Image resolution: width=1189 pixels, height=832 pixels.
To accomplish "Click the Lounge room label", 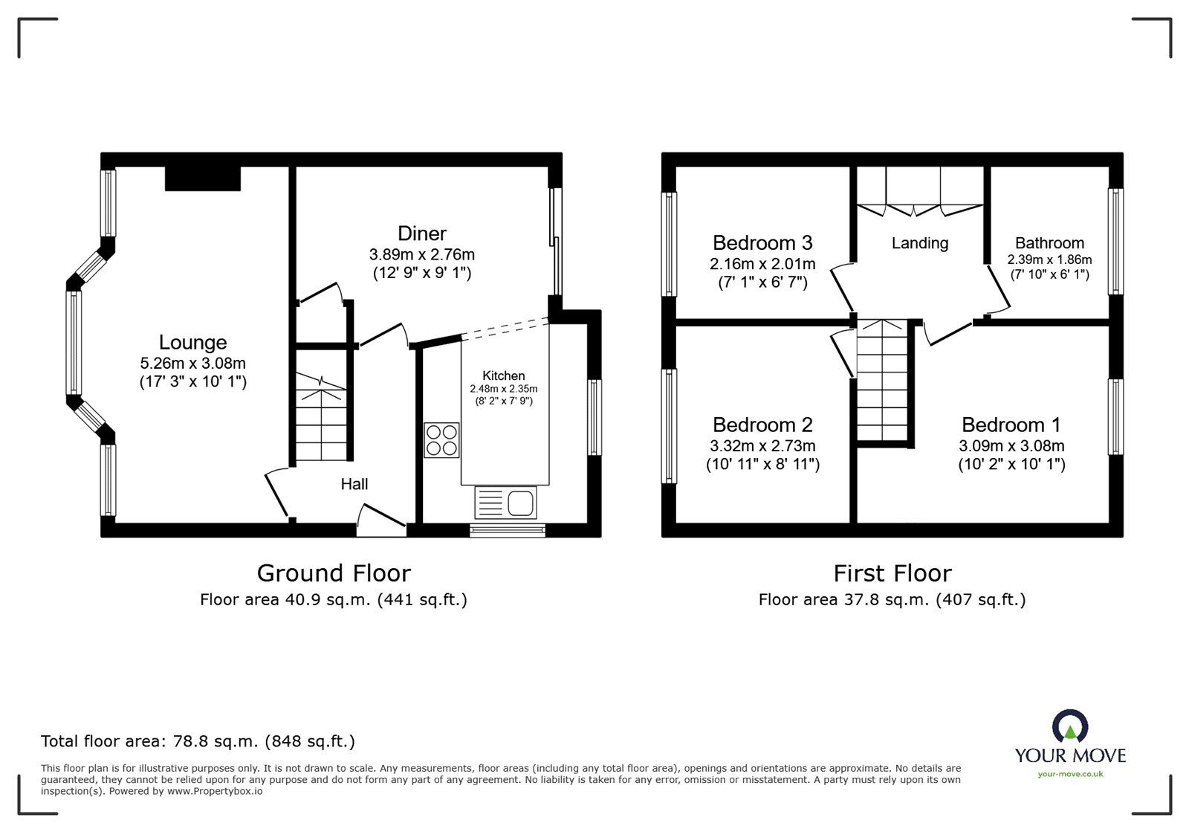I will tap(192, 343).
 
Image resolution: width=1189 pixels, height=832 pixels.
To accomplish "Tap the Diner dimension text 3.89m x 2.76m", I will tap(421, 254).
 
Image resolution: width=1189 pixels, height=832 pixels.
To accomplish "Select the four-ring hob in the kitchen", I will tap(442, 439).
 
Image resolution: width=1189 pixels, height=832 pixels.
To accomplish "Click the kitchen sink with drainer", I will tap(505, 503).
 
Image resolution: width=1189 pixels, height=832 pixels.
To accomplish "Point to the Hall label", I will tap(354, 484).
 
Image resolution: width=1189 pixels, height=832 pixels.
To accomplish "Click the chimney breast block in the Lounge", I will tap(202, 178).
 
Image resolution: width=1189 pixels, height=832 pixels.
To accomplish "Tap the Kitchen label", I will tap(504, 375).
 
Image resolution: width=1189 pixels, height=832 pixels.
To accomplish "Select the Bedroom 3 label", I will tap(762, 243).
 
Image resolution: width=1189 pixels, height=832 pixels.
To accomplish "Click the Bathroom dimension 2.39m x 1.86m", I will tap(1049, 259).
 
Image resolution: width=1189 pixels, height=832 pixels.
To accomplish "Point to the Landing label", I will tap(920, 243).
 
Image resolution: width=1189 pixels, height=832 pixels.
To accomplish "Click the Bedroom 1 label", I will tap(1011, 425).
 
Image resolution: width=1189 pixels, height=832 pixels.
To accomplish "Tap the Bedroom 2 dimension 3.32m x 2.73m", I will tap(762, 446).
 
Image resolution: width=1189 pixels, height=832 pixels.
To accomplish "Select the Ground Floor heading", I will tap(334, 573).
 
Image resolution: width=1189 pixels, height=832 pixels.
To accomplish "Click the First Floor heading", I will tap(892, 573).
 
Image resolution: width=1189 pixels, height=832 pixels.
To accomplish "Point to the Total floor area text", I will tap(198, 741).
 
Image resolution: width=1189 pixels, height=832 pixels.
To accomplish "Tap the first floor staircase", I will tap(883, 383).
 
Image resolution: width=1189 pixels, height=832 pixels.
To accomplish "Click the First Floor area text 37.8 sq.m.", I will tap(892, 599).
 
